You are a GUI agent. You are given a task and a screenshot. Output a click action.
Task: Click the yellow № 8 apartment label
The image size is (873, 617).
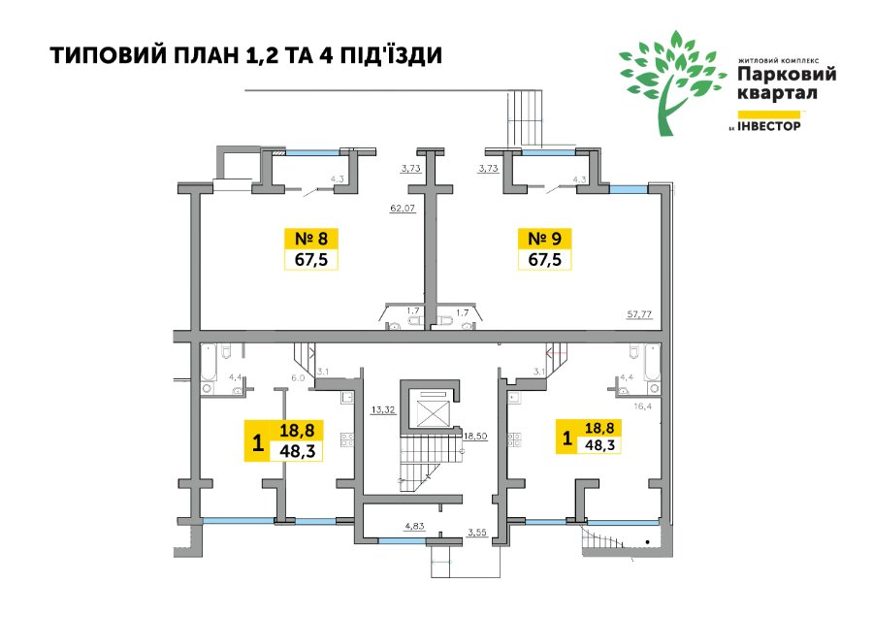coord(310,239)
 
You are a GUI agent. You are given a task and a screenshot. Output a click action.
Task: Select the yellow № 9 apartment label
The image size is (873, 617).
coord(544,239)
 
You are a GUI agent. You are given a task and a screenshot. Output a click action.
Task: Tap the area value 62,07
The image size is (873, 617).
coord(404,209)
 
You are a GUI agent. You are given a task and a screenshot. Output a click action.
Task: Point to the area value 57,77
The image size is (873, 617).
coord(639,314)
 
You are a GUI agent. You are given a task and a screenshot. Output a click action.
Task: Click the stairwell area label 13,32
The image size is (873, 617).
coord(383,409)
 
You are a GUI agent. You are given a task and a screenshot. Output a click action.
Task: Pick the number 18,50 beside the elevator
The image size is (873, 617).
coord(475,436)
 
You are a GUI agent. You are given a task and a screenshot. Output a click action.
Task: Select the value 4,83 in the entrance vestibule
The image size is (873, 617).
coord(415,525)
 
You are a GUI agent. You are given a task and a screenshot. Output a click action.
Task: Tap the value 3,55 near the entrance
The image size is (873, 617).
coord(477,533)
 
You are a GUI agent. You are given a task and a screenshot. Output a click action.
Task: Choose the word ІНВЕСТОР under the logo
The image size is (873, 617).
coord(769,126)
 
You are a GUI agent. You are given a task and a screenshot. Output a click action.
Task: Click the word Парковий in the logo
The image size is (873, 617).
coord(787,74)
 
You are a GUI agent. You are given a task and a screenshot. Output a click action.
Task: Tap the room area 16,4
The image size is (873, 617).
coord(642,406)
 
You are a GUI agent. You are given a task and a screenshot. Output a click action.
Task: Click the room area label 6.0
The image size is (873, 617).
coord(298,377)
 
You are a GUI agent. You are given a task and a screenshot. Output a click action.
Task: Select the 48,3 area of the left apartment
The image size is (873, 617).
coord(298,450)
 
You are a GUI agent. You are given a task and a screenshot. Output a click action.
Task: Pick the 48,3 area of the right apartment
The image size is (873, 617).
coord(599,444)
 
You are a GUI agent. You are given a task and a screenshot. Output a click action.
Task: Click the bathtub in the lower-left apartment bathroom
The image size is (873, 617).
coord(209,362)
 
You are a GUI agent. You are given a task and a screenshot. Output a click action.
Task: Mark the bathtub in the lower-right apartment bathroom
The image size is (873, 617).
coord(652,362)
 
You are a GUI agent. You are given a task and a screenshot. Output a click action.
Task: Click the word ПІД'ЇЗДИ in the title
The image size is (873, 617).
coord(393,55)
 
